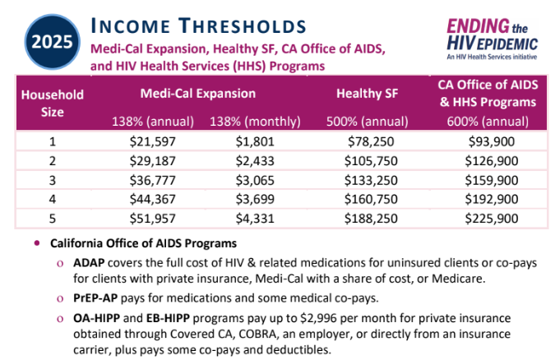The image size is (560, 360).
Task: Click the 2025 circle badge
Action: (52, 42)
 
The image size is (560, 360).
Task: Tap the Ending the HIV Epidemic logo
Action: (492, 39)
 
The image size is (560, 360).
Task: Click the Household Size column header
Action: (52, 104)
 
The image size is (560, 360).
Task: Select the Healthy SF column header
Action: (367, 94)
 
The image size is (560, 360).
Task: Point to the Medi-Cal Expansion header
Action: (198, 94)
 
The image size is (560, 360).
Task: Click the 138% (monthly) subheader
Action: (255, 122)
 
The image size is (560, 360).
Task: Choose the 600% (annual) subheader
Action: (488, 122)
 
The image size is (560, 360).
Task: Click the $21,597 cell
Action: (152, 141)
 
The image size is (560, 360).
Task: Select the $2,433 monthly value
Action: (255, 161)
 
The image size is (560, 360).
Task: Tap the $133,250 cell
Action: (371, 180)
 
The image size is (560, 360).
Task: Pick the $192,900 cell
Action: (492, 199)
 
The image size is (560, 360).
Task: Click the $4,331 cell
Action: (255, 218)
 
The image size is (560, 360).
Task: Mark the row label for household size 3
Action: (53, 180)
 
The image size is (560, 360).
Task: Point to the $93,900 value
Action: (492, 141)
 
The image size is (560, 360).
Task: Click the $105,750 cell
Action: (371, 161)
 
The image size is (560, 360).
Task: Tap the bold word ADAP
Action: (89, 262)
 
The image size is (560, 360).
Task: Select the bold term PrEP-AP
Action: (95, 298)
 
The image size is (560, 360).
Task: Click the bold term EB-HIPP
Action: (168, 318)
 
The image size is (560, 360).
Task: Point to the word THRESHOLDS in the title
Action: (243, 26)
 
